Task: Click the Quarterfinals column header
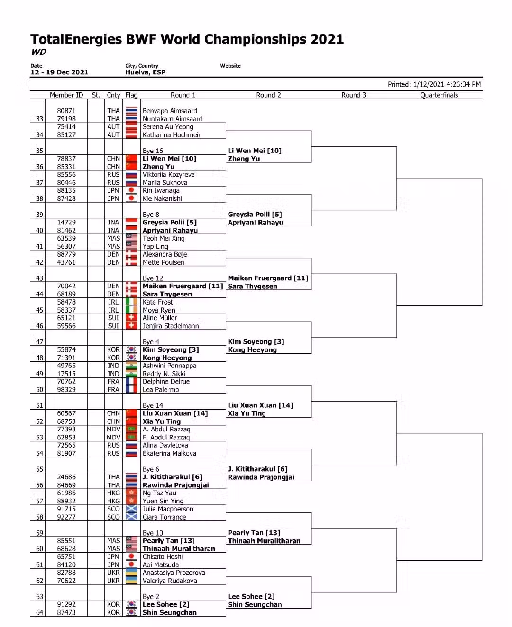439,95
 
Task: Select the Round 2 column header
268,95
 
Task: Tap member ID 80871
66,111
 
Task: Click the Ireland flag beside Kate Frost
131,302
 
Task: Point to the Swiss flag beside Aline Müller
131,318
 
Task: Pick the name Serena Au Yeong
168,127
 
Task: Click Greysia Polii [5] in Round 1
169,222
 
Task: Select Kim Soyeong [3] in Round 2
256,341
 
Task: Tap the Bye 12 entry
153,278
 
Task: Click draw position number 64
39,612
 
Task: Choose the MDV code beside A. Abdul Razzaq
113,429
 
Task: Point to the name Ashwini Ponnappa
169,366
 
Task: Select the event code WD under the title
38,52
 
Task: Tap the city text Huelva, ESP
145,72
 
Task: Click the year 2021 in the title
327,39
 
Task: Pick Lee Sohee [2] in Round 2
251,596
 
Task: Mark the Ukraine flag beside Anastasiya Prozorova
131,573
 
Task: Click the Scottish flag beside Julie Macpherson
131,509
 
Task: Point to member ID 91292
66,604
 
